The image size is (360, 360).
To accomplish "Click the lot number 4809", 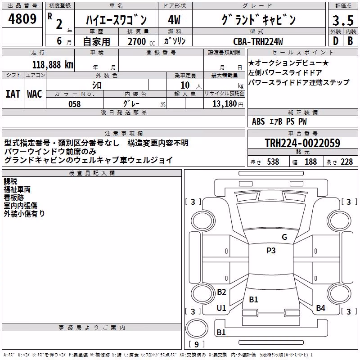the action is [x=22, y=19].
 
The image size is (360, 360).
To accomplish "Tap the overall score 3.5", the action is [x=343, y=20].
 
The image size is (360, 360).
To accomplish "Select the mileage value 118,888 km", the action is [x=53, y=65].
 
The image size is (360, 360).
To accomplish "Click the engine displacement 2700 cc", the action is [x=141, y=41].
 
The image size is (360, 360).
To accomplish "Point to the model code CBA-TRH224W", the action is [x=258, y=41].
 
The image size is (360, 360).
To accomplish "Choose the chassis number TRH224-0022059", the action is [x=302, y=143].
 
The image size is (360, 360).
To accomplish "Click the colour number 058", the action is [x=74, y=104].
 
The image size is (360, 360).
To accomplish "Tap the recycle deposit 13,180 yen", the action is [x=228, y=104].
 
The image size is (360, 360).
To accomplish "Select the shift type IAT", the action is [x=13, y=94].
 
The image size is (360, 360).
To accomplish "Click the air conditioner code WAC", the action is [x=35, y=94].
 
